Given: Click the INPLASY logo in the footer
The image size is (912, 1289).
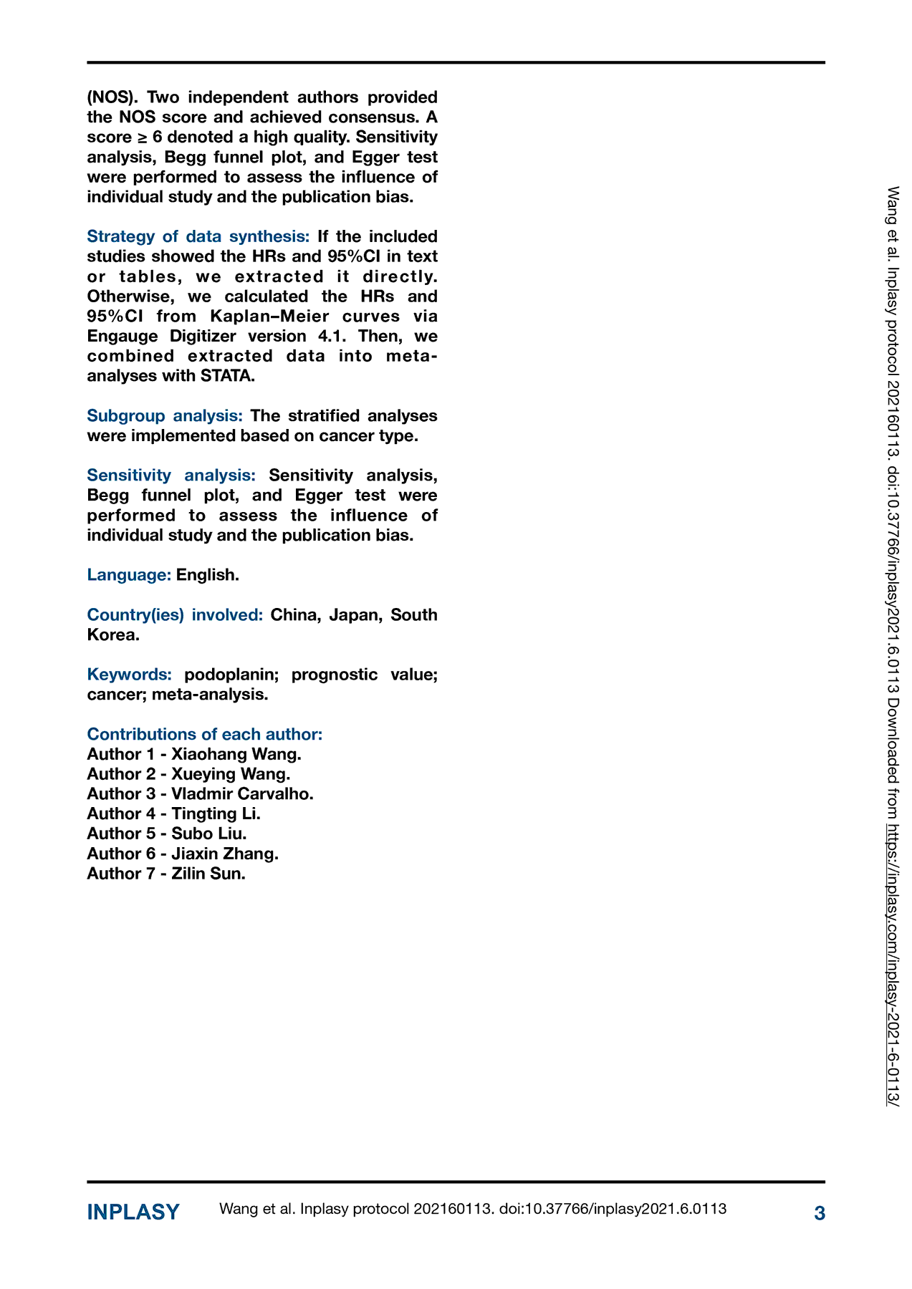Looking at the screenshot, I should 133,1212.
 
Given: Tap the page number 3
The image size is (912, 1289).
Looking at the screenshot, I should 820,1213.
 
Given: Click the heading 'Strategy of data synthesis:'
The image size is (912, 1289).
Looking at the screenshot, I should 198,236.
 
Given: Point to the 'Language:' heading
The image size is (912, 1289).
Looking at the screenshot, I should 129,574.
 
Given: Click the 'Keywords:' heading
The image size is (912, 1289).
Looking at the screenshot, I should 130,674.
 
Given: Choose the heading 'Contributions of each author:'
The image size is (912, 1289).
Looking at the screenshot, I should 205,734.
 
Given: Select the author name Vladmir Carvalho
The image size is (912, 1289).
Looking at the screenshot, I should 242,793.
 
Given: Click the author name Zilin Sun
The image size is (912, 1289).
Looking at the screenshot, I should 208,873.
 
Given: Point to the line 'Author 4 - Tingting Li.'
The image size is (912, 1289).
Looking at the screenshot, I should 174,814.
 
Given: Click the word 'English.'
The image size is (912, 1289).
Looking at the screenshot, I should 208,574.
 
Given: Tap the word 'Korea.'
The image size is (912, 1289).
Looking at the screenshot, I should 113,634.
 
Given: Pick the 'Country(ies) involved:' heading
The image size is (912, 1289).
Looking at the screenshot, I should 176,614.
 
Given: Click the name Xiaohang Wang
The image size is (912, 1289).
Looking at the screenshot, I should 236,754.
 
